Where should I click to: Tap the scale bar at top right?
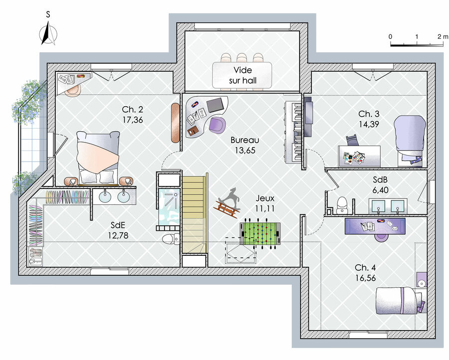[417, 45]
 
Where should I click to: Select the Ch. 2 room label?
[132, 109]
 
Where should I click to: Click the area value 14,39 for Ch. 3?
[369, 124]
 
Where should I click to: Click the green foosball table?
[260, 234]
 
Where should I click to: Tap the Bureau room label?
[245, 140]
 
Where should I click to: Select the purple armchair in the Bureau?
[217, 125]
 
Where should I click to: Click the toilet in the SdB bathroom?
[342, 205]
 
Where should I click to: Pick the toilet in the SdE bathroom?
[171, 238]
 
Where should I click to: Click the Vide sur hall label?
[243, 75]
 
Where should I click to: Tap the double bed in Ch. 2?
[98, 158]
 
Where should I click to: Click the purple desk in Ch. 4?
[375, 226]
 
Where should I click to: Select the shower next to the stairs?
[168, 206]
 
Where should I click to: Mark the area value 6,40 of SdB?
[380, 190]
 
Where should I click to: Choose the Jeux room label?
[265, 198]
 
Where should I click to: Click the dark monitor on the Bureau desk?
[215, 105]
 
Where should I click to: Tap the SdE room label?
[118, 225]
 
